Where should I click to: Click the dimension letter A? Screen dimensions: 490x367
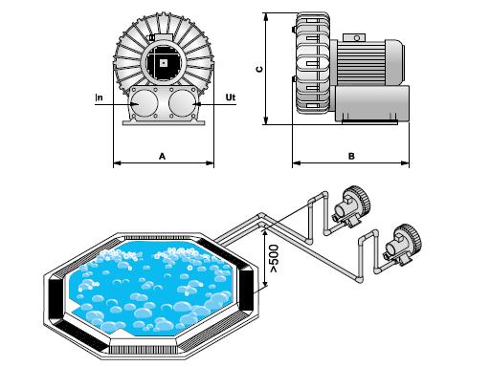click(163, 157)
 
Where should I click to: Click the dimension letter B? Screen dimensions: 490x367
click(351, 156)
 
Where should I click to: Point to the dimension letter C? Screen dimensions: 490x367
click(260, 69)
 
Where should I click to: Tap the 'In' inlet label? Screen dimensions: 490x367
click(100, 97)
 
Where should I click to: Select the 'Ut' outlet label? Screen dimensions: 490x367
click(231, 97)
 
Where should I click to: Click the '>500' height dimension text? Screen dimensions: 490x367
click(274, 259)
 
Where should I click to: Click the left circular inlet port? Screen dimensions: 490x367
click(145, 103)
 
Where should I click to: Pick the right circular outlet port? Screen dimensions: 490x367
click(182, 103)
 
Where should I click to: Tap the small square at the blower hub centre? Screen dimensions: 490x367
click(164, 63)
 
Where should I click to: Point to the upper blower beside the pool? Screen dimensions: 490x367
click(351, 205)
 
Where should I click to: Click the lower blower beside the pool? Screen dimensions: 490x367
click(403, 245)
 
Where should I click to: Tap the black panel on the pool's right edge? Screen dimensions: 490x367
click(246, 291)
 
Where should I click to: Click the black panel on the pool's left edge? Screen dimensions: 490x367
click(56, 298)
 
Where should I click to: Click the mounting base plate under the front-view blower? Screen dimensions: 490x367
click(163, 122)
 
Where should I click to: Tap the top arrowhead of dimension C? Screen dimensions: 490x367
click(265, 16)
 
